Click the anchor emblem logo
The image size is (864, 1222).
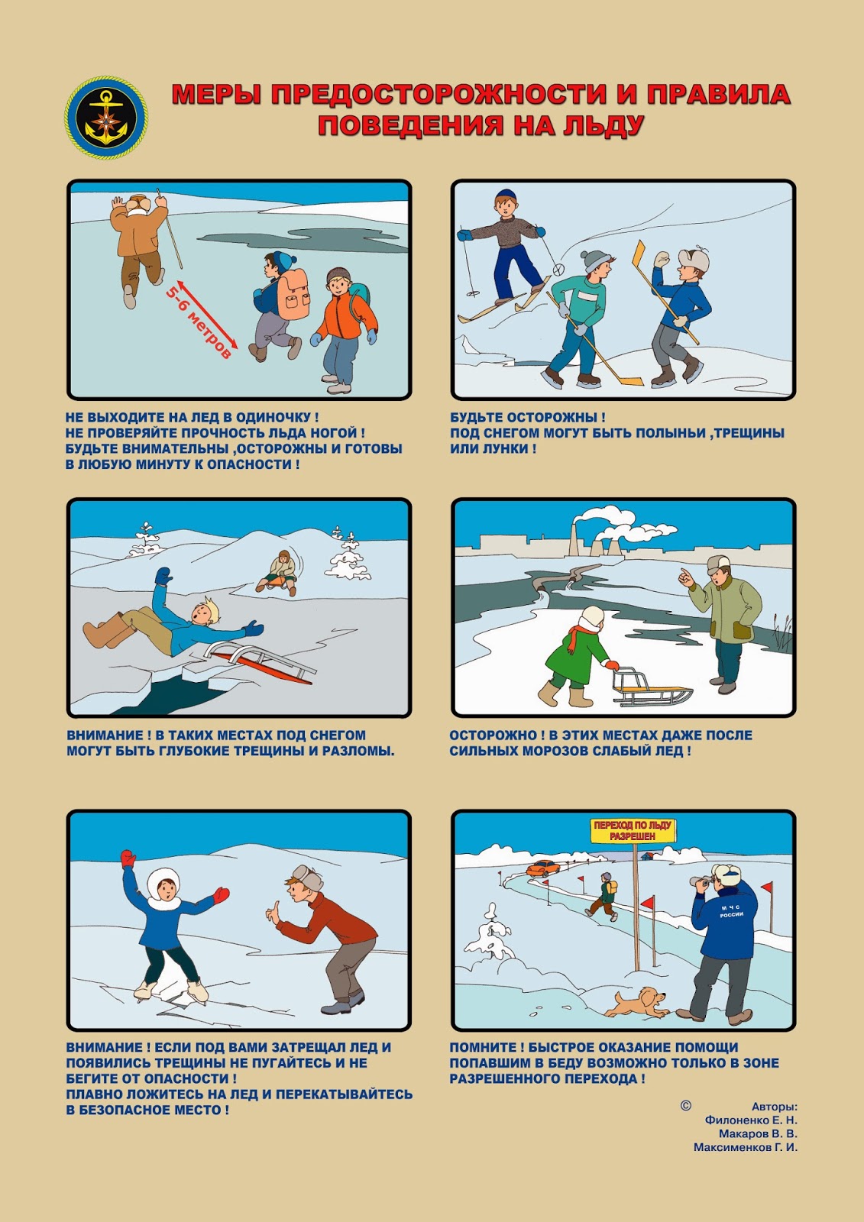pos(106,118)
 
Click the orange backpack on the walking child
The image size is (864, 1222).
pos(293,295)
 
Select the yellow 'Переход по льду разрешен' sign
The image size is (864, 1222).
pos(633,830)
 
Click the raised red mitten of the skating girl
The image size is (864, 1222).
pos(128,858)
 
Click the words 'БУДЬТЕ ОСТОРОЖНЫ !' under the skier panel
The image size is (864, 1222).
pos(527,417)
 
